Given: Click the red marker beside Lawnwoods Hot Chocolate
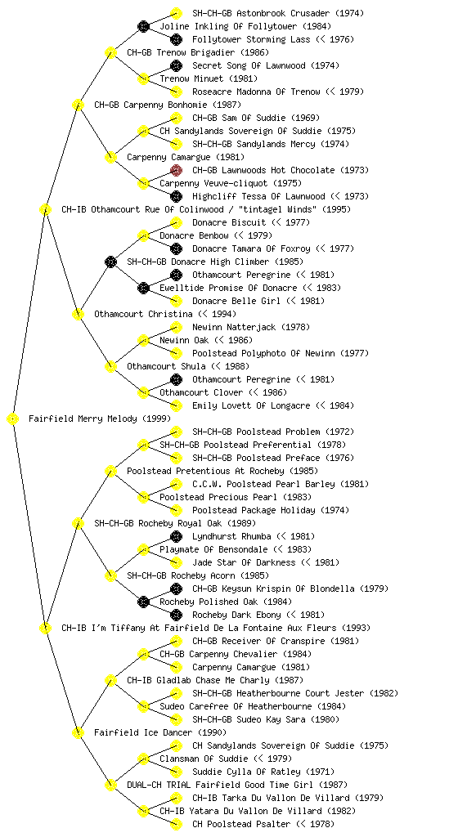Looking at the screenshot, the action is point(176,170).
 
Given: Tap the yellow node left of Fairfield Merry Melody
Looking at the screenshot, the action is point(13,419).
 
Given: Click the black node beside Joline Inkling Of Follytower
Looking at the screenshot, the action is point(143,26).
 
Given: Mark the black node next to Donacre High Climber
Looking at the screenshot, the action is point(110,262).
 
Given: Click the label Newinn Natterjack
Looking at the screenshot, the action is point(234,327).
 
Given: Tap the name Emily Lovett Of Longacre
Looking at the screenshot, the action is point(251,405).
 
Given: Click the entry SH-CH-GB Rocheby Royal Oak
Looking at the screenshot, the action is point(158,523).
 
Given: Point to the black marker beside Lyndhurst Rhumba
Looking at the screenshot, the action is point(176,536).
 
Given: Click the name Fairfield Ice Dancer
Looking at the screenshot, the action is point(143,732).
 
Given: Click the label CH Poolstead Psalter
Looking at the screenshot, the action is point(241,824).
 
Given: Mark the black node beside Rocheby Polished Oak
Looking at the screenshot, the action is point(143,602).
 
